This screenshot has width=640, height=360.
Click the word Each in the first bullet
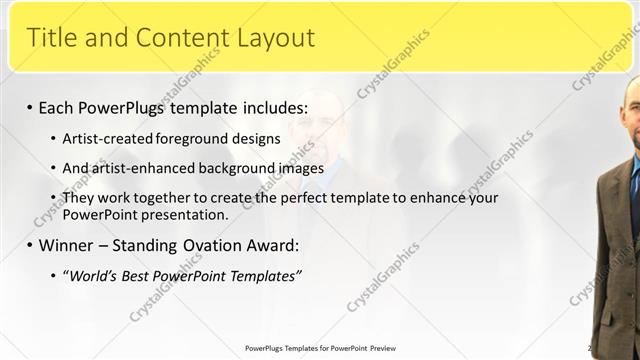click(59, 107)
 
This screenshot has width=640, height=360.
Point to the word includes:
click(272, 107)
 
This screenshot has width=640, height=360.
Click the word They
click(78, 198)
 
